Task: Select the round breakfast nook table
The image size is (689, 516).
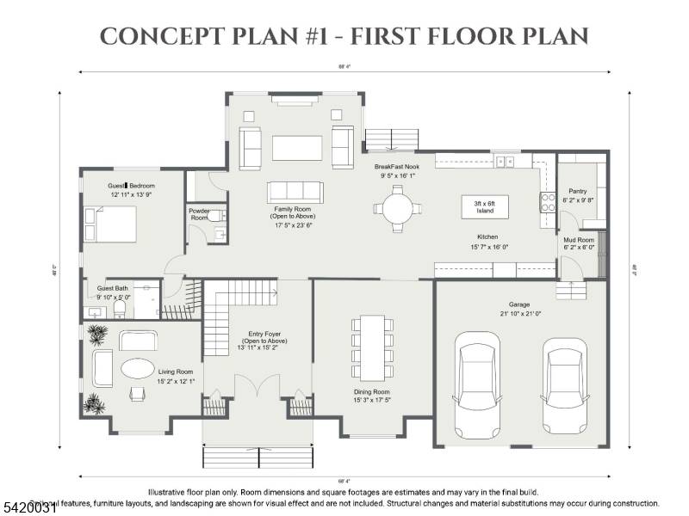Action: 398,207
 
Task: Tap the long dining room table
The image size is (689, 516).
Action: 372,348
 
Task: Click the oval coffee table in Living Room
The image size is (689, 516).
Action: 138,368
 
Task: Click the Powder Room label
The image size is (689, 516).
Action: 198,213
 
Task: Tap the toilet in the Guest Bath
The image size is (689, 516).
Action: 121,307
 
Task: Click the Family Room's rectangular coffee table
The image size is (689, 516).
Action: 297,148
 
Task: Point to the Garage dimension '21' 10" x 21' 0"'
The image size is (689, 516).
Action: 518,314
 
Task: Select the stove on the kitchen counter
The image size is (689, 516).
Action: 547,203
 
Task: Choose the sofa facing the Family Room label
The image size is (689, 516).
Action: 297,191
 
